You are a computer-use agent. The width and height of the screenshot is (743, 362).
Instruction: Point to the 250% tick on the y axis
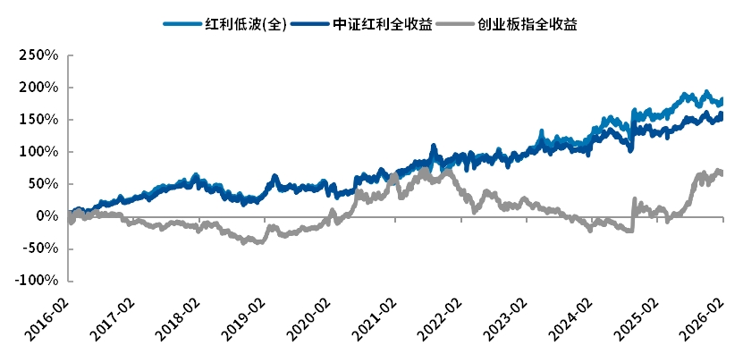[x=38, y=55]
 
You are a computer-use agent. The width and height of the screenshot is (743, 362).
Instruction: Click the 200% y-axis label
[x=38, y=88]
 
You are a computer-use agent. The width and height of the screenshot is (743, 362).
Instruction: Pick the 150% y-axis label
[x=38, y=120]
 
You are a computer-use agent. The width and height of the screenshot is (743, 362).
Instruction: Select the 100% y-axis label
[x=38, y=152]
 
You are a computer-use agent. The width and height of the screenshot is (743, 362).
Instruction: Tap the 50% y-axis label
[x=42, y=184]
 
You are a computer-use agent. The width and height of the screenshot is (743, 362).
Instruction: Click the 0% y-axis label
[x=46, y=216]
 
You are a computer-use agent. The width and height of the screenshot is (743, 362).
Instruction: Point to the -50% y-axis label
[x=39, y=248]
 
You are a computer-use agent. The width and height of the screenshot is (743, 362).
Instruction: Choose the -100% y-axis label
[x=36, y=281]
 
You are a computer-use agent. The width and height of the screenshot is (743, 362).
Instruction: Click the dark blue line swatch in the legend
[x=307, y=25]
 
